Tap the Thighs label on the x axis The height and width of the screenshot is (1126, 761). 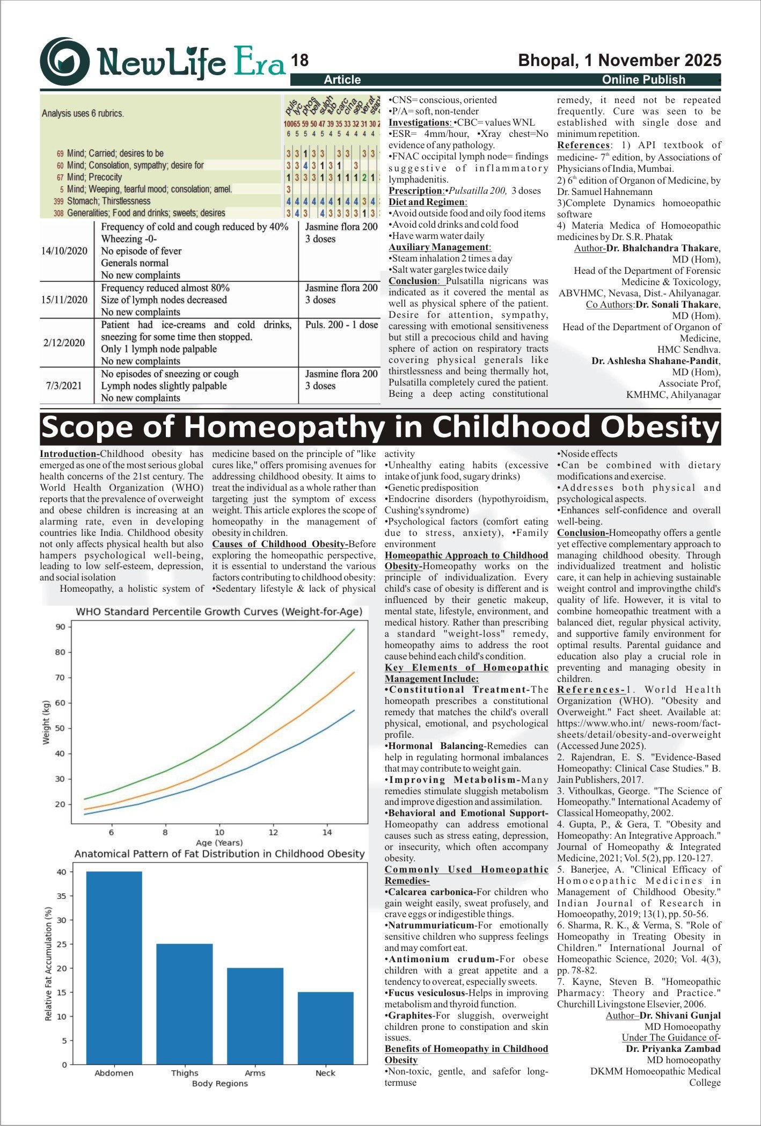click(x=185, y=1073)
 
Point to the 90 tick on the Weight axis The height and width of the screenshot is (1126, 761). click(x=60, y=627)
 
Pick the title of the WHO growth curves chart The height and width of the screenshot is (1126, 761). click(x=219, y=612)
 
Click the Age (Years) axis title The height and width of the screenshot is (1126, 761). click(x=219, y=842)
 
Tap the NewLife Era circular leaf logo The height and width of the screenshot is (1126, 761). click(x=65, y=62)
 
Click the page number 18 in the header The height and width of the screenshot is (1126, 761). click(x=300, y=61)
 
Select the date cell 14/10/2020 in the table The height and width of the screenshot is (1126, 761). click(x=64, y=251)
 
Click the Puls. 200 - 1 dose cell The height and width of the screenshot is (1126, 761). click(x=341, y=325)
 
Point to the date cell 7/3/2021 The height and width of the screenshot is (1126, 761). click(x=64, y=386)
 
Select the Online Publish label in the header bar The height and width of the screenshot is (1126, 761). click(x=643, y=80)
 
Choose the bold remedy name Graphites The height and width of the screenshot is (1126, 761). click(x=411, y=1015)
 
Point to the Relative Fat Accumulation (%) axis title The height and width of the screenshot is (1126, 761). click(x=48, y=963)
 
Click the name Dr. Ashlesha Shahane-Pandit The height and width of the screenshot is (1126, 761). click(x=655, y=361)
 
